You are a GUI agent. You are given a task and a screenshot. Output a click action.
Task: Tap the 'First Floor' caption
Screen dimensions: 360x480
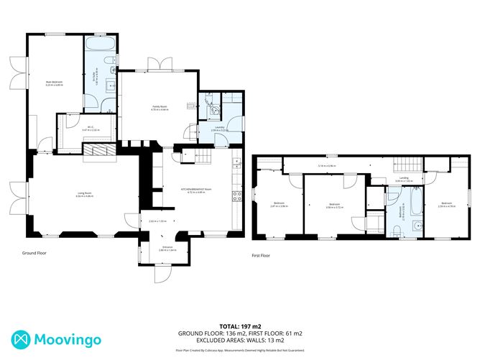(260, 256)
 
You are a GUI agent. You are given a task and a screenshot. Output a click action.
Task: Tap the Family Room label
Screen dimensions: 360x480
(160, 106)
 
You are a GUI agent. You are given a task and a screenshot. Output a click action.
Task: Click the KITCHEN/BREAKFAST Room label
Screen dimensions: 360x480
(196, 190)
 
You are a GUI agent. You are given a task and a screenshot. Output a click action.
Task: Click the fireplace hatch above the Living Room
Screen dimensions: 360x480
(98, 149)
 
